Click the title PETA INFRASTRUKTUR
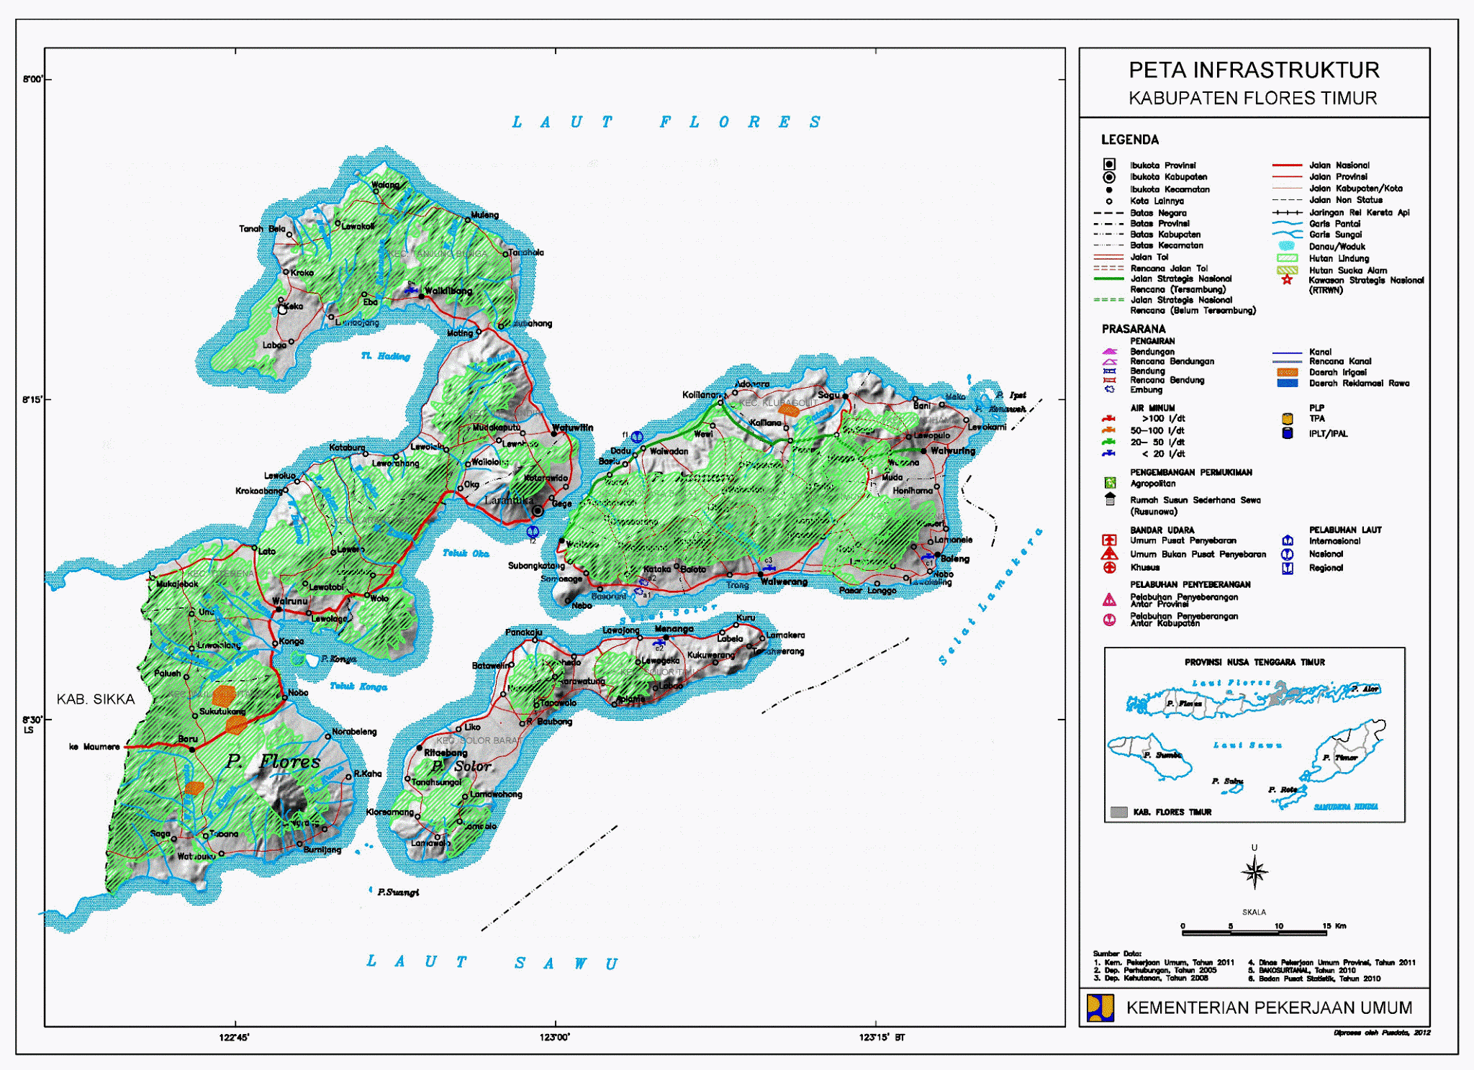1254,71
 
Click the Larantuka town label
509,499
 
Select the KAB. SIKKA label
96,699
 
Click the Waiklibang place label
448,291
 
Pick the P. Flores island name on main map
273,761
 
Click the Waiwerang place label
784,581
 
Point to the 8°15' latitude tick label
32,399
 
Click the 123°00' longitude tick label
554,1038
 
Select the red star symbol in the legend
1287,280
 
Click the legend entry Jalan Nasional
1339,166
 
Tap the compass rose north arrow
1254,871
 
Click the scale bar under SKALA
1254,933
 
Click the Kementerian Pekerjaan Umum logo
1100,1007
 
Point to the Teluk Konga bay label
358,686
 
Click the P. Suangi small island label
397,892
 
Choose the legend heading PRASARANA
1133,329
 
